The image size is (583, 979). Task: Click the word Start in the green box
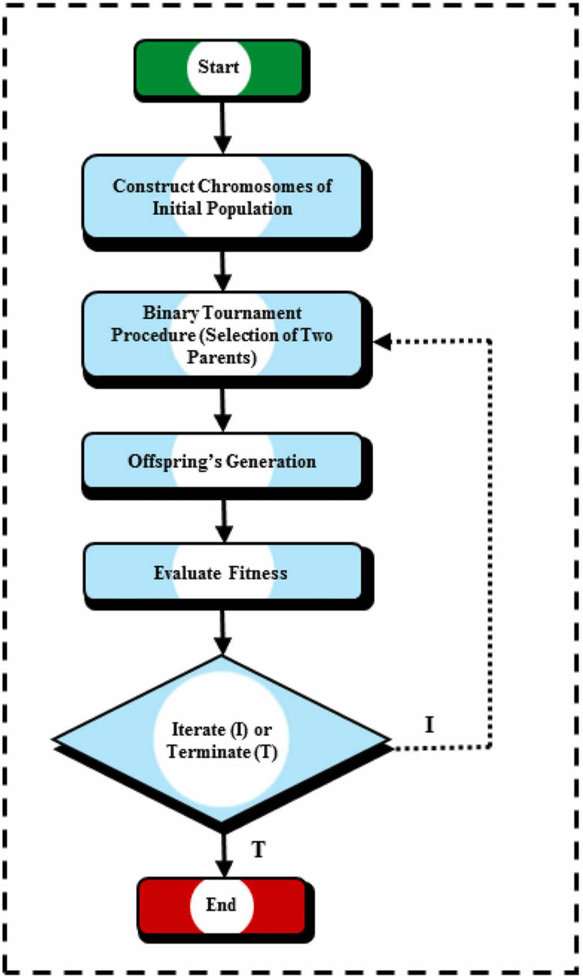(218, 66)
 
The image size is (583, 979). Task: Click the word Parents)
(221, 358)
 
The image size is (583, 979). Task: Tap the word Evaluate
(187, 573)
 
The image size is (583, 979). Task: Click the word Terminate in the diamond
(208, 752)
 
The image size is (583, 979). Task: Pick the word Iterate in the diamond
(199, 730)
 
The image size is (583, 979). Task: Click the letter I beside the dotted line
(429, 725)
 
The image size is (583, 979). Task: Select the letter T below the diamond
(258, 849)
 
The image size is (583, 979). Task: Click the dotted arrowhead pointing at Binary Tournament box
(383, 341)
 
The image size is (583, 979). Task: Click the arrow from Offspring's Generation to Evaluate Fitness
(224, 520)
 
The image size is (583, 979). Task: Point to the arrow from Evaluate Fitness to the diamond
(222, 632)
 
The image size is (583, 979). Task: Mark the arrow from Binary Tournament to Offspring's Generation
(223, 410)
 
